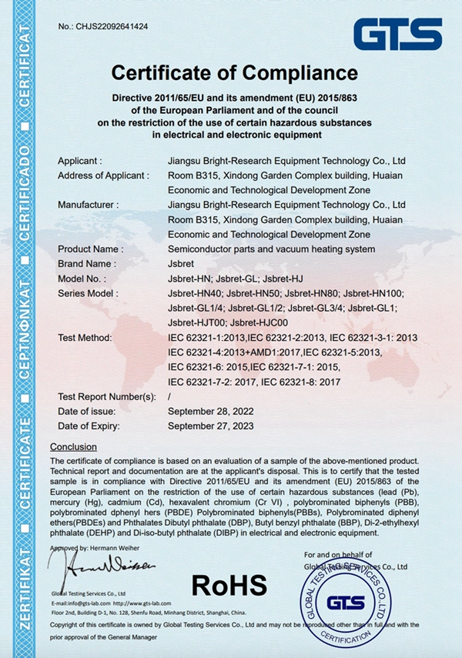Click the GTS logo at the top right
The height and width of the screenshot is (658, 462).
tap(397, 35)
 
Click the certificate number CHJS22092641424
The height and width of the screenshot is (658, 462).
tap(113, 27)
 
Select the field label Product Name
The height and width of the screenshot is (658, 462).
tap(91, 249)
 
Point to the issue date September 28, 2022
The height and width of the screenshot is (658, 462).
tap(210, 410)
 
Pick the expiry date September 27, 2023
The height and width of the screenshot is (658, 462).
tap(210, 425)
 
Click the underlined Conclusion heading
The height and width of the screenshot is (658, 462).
tap(73, 447)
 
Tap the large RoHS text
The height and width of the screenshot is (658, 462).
tap(229, 584)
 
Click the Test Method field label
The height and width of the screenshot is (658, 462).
tap(85, 338)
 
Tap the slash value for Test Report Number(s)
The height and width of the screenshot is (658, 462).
tap(169, 396)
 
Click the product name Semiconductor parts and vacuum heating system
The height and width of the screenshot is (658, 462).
tap(271, 249)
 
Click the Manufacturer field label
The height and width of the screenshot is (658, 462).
tap(89, 205)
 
